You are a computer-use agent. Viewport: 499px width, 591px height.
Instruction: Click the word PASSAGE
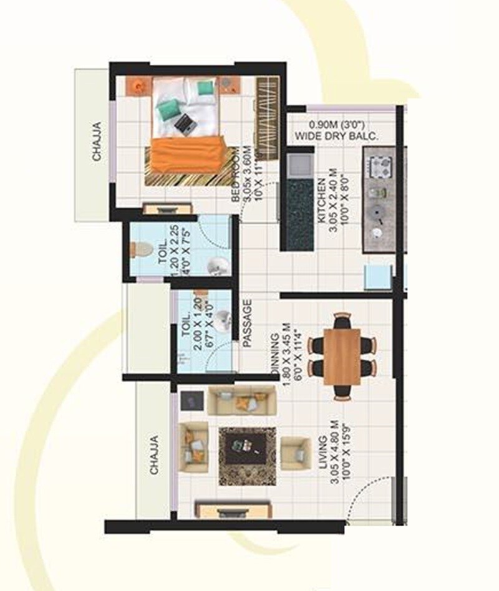[x=247, y=323]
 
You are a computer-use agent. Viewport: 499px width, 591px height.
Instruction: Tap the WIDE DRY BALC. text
[x=336, y=135]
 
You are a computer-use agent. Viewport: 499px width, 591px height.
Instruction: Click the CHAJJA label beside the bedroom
[x=97, y=142]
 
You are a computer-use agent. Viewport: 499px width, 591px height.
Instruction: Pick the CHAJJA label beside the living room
[x=153, y=455]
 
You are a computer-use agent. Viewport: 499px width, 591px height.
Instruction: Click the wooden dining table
[x=342, y=356]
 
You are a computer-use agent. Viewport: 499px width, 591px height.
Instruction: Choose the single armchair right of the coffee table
[x=295, y=453]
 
